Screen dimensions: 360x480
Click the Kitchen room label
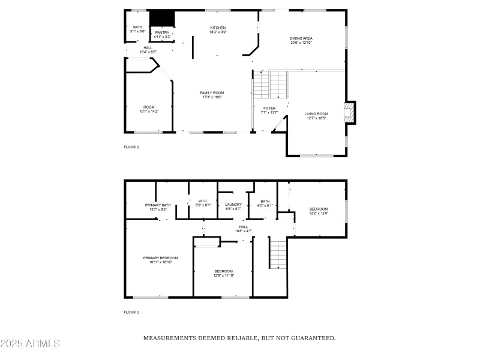[217, 30]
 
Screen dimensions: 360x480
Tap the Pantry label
[162, 35]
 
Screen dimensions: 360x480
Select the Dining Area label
[301, 40]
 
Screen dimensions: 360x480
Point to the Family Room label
[212, 95]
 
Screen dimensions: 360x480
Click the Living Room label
[316, 116]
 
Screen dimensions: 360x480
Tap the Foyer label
[269, 110]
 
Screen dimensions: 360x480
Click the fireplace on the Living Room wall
[348, 112]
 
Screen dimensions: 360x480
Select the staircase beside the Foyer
[262, 86]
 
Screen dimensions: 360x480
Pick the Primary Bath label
[158, 207]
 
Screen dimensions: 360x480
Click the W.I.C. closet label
[203, 203]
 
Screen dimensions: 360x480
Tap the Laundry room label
[233, 206]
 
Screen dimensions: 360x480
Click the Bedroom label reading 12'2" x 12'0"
[319, 211]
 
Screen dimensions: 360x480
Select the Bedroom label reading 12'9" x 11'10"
[223, 273]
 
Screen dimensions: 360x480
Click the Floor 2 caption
[131, 147]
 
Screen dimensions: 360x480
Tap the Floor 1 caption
[131, 313]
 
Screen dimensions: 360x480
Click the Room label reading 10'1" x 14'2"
[149, 109]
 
